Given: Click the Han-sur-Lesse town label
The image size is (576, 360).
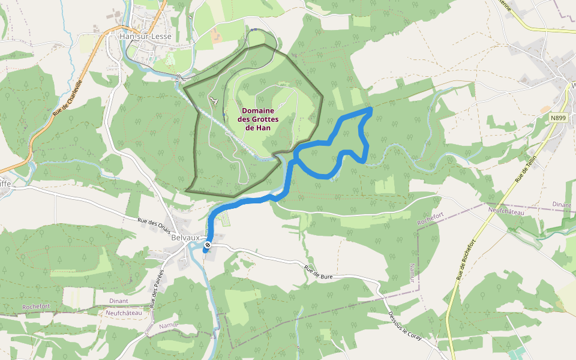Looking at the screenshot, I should [x=146, y=37].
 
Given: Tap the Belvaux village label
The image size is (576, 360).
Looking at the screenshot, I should [x=185, y=238].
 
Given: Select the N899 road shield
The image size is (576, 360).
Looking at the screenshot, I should [x=558, y=118].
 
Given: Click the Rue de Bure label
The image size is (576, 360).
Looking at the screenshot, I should [x=318, y=273].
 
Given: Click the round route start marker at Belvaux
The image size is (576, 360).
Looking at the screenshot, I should [x=208, y=245].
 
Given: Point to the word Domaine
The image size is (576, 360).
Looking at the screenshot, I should [x=258, y=111].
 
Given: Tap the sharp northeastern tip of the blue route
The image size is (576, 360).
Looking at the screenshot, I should [x=371, y=109].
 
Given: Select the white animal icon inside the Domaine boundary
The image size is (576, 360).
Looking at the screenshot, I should [x=212, y=100].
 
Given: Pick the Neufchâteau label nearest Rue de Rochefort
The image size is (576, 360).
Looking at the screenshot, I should [x=506, y=212].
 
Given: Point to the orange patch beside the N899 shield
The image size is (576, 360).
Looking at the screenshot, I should [x=545, y=110].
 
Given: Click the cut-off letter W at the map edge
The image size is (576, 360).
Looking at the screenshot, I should [x=573, y=85].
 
